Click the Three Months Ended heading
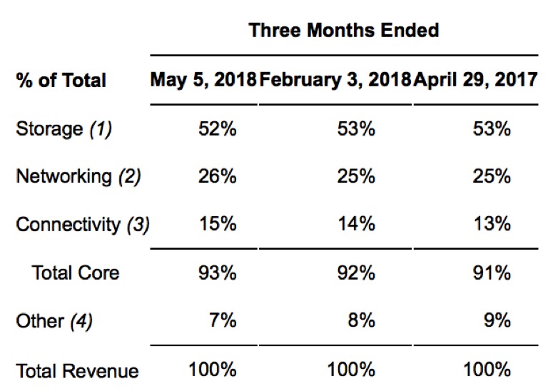(344, 30)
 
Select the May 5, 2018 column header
(203, 80)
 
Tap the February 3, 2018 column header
(335, 80)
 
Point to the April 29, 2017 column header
(475, 80)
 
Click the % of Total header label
(61, 81)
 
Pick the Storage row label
(64, 129)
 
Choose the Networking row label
(78, 176)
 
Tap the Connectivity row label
(83, 224)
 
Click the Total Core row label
(76, 273)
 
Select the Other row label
(54, 321)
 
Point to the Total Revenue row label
(77, 371)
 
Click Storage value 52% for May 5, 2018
(218, 128)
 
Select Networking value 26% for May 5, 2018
(218, 176)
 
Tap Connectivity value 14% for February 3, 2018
(357, 223)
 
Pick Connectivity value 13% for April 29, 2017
(492, 223)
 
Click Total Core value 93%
(218, 273)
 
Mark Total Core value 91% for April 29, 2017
(492, 273)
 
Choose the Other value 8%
(361, 320)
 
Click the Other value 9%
(497, 320)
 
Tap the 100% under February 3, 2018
(351, 370)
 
